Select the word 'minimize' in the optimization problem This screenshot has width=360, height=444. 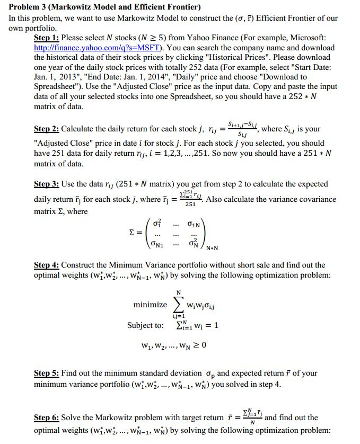pyautogui.click(x=150, y=305)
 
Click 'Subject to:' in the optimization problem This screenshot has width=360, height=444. pyautogui.click(x=145, y=325)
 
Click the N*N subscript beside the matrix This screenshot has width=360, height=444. pyautogui.click(x=212, y=247)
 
